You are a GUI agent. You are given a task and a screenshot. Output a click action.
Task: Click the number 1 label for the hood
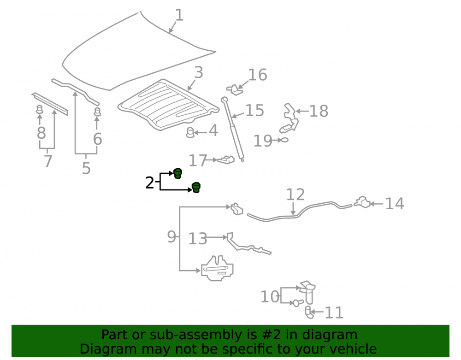[x=179, y=15]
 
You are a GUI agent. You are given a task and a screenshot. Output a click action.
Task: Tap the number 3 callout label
[x=199, y=72]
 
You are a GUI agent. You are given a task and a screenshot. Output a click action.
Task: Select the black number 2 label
[x=150, y=183]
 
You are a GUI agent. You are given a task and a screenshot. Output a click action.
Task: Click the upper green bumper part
[x=177, y=173]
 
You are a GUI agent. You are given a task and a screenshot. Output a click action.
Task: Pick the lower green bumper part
[x=196, y=188]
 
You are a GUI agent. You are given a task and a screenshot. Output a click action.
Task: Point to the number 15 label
[x=254, y=111]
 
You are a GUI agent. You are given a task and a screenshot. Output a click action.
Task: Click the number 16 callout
[x=258, y=75]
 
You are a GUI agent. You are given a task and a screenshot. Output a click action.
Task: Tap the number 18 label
[x=319, y=112]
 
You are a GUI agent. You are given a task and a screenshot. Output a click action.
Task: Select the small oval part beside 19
[x=284, y=140]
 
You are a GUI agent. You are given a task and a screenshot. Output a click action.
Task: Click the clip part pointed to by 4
[x=190, y=132]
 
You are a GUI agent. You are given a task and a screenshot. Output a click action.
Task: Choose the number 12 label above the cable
[x=296, y=195]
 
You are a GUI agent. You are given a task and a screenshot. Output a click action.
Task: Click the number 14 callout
[x=395, y=204]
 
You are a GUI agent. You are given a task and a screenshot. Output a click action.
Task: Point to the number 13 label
[x=198, y=239]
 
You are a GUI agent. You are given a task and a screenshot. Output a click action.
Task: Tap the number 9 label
[x=171, y=236]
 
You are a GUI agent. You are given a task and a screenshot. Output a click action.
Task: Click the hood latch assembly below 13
[x=217, y=268]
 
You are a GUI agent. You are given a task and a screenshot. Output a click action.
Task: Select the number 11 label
[x=334, y=313]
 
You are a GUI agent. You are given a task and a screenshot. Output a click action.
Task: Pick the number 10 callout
[x=270, y=296]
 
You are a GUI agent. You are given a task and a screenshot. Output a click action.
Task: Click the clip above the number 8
[x=39, y=109]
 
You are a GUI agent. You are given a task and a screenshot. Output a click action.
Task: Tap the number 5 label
[x=86, y=168]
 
